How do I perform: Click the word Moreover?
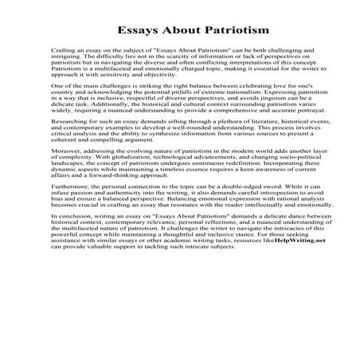pyautogui.click(x=65, y=172)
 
